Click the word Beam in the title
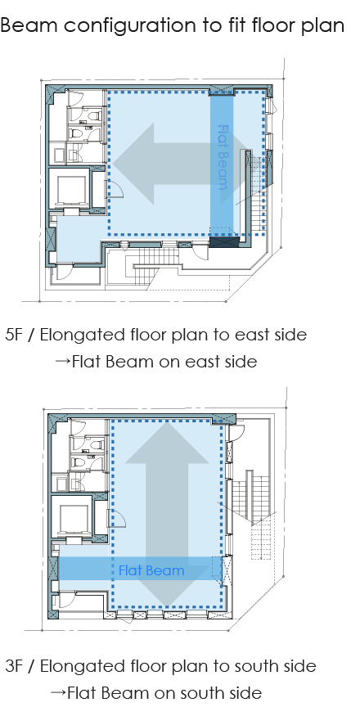(29, 25)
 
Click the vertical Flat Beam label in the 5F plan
(223, 157)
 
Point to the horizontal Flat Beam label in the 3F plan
(151, 570)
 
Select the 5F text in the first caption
(15, 335)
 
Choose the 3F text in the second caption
(15, 666)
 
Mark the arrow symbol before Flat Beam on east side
(63, 362)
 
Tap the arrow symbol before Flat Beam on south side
(58, 693)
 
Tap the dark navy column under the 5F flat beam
(225, 241)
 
